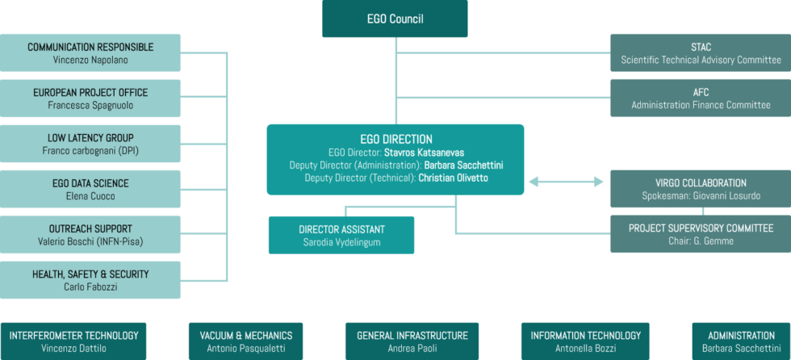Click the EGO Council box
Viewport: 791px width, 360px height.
(395, 19)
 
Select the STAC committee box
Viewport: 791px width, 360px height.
(701, 53)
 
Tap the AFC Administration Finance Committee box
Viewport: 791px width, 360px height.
(701, 98)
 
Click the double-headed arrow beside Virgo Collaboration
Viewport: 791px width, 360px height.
(566, 182)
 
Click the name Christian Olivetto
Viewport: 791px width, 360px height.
(454, 178)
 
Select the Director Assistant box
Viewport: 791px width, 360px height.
(341, 235)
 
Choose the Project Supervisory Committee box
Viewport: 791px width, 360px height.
(701, 234)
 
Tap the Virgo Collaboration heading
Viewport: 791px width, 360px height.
(701, 183)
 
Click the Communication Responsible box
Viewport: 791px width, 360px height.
(90, 53)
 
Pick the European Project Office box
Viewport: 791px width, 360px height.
(90, 98)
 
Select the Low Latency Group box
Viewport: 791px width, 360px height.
(90, 144)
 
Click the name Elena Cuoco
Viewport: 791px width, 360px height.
(90, 196)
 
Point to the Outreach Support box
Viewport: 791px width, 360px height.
(90, 234)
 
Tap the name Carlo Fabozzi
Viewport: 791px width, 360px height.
(90, 287)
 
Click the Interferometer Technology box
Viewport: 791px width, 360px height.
(73, 341)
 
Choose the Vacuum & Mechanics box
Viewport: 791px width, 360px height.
(245, 341)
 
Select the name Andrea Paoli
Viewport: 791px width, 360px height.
(412, 348)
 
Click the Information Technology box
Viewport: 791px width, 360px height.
(585, 341)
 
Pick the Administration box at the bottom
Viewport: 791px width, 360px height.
(742, 341)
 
